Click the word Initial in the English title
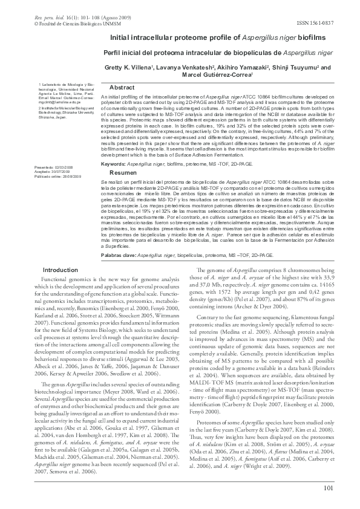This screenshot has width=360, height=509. [121, 38]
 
